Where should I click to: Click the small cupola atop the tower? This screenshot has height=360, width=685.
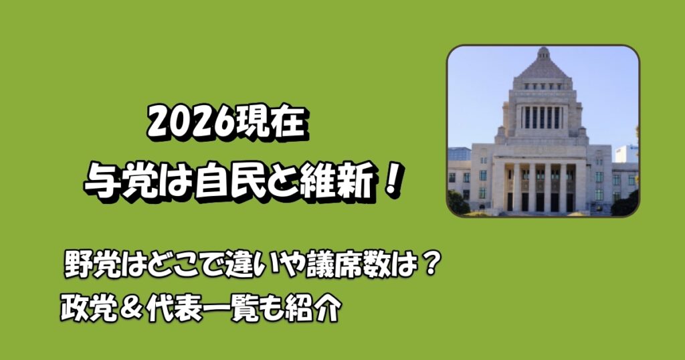tap(543, 52)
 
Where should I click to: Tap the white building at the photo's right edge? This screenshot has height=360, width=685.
tap(626, 154)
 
